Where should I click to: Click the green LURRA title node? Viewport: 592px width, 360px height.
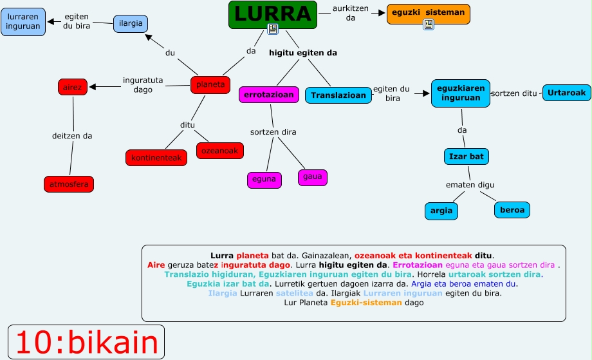click(273, 13)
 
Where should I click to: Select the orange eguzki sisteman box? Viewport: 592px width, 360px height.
click(428, 12)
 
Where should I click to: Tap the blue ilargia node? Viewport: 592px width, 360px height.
click(131, 24)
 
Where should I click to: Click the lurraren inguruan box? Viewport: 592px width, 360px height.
click(23, 21)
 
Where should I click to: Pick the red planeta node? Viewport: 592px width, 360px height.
click(210, 84)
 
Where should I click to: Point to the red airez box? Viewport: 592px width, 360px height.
click(72, 86)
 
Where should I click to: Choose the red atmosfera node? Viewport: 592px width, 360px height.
click(69, 184)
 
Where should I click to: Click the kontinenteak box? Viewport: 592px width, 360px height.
click(156, 157)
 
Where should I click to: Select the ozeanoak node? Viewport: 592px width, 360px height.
click(220, 151)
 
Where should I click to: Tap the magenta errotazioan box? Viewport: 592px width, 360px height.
click(269, 95)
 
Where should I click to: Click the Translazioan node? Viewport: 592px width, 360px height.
click(338, 95)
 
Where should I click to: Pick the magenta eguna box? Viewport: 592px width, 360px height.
click(264, 180)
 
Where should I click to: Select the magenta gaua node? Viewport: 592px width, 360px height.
click(313, 177)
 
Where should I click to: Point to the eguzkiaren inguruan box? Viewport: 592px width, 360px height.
click(460, 93)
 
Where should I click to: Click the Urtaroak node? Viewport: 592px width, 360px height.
click(567, 93)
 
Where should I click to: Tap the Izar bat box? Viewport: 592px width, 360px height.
click(467, 156)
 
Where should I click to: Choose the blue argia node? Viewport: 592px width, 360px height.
click(441, 211)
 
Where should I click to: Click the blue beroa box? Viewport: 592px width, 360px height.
click(512, 209)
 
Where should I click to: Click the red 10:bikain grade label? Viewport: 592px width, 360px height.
click(86, 342)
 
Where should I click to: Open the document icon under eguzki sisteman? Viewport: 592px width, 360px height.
click(429, 24)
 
